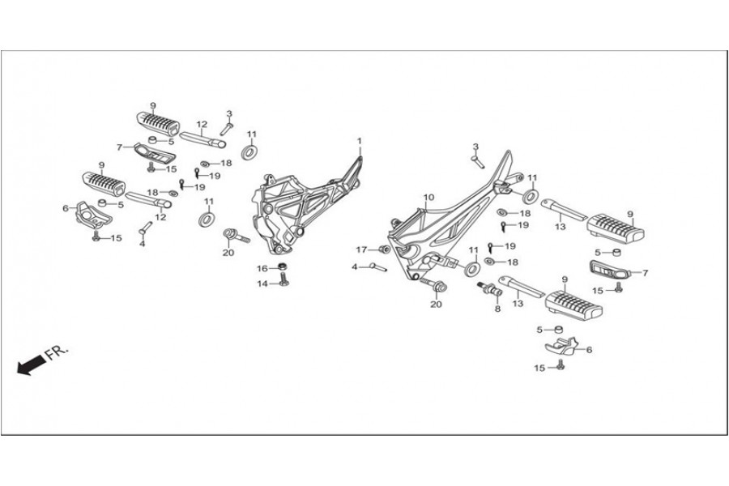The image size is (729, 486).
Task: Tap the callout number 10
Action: pos(428,197)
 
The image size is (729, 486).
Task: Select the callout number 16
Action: pos(262,268)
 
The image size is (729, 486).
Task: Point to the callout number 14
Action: pos(262,283)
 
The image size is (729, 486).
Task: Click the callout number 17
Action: pos(362,249)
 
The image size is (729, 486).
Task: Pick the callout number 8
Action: pos(497,309)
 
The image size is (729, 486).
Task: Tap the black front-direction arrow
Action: pos(29,366)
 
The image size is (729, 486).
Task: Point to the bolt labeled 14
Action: pos(283,280)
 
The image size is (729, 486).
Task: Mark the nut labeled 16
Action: pos(282,266)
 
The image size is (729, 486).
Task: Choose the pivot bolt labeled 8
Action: pos(490,288)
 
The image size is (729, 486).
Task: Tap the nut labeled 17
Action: pos(383,249)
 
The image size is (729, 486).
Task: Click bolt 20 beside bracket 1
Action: pos(235,236)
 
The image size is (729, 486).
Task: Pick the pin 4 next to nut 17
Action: pos(377,266)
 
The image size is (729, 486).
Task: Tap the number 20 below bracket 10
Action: pos(436,305)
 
